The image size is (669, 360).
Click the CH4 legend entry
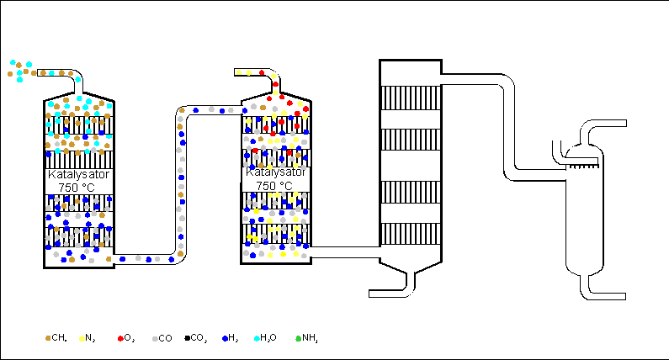(56, 338)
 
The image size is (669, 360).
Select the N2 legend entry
(87, 338)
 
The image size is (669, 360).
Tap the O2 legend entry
(126, 338)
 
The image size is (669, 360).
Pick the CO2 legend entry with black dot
(197, 338)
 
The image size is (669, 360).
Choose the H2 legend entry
(228, 338)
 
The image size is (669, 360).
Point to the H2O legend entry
(264, 338)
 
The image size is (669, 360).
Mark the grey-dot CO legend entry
(162, 338)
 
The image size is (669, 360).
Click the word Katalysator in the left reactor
(78, 175)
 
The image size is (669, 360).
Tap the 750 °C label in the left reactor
(78, 187)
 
